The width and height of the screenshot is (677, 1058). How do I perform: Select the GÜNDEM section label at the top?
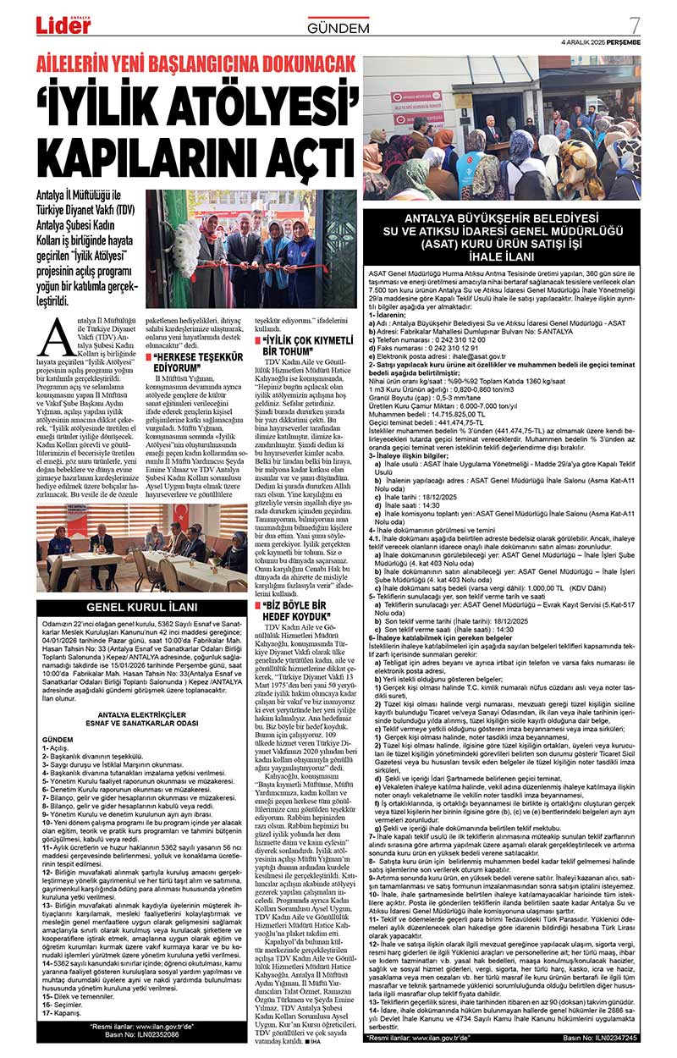tap(338, 29)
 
